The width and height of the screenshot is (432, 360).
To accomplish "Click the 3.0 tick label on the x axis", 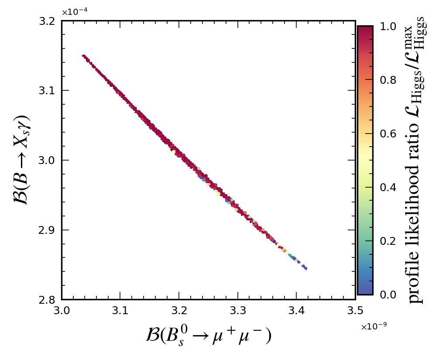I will click(62, 310).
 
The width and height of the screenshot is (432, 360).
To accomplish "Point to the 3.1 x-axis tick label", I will click(120, 310).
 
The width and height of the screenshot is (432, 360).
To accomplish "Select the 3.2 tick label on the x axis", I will click(179, 310).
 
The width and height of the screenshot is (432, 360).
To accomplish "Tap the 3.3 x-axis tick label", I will click(238, 310).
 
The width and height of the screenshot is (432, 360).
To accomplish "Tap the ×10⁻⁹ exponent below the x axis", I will click(374, 327).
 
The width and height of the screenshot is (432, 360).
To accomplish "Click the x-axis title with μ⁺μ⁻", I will click(209, 336).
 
